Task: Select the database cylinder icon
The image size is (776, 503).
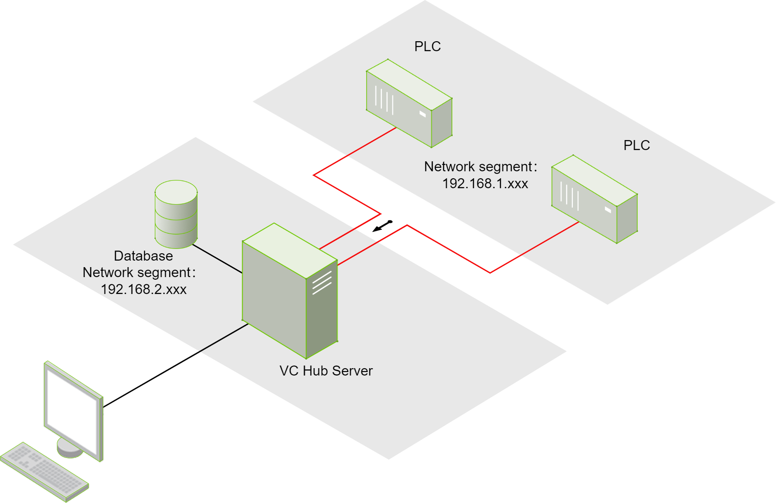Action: (176, 214)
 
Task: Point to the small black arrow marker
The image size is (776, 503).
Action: (382, 226)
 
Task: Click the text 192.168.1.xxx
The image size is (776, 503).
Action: (485, 184)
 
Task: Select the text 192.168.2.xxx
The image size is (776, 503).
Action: (144, 289)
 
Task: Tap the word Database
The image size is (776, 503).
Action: (143, 256)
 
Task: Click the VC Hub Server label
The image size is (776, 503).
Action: (326, 371)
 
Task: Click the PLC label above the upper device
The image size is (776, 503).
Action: (427, 46)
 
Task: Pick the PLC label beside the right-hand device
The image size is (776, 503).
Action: (637, 145)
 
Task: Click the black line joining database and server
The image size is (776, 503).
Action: (217, 259)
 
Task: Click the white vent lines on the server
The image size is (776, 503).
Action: (322, 283)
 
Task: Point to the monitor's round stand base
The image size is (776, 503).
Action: (69, 448)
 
